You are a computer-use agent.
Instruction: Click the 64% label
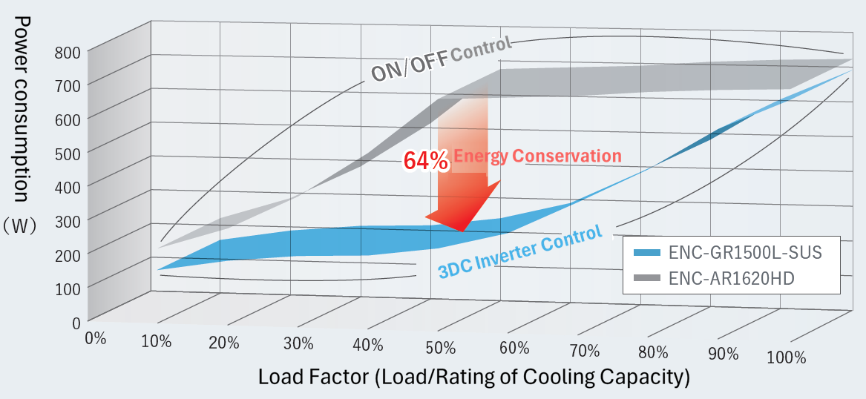(x=425, y=161)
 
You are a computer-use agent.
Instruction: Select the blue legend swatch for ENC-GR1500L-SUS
(x=645, y=253)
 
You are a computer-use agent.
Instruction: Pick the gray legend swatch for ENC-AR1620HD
(x=645, y=279)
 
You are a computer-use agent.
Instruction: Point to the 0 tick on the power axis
(x=76, y=322)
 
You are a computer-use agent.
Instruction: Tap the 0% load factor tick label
(x=96, y=338)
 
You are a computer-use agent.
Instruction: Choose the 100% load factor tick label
(x=787, y=357)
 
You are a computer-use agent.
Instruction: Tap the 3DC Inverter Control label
(x=519, y=251)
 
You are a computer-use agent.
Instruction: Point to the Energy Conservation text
(x=537, y=156)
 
